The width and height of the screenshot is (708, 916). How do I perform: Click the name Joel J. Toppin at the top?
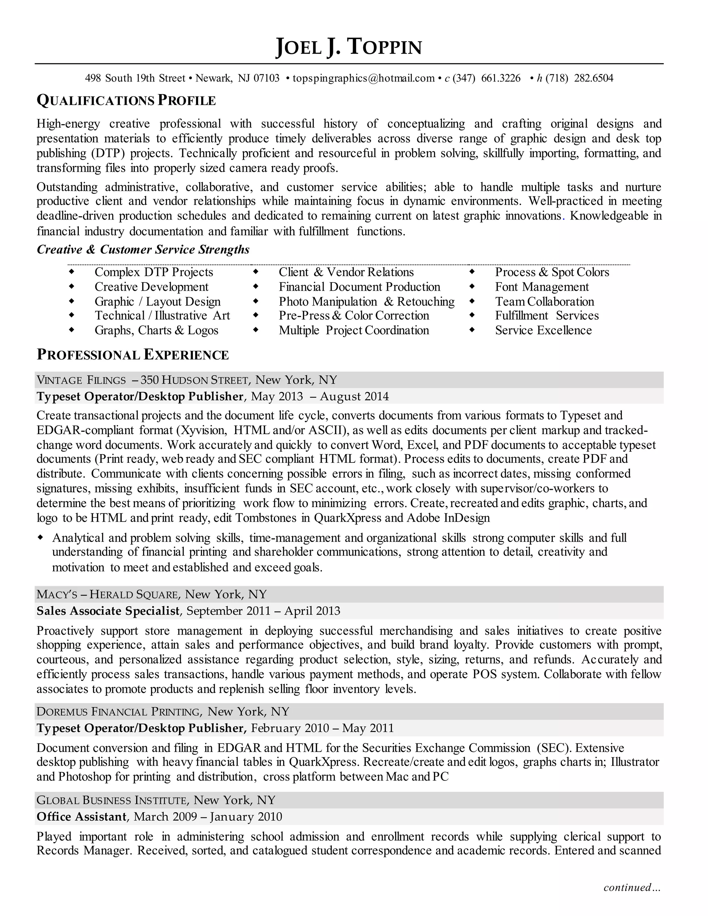point(348,47)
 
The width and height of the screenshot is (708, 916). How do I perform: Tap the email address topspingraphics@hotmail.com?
point(363,78)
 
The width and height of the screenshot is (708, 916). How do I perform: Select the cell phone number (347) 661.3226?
point(486,78)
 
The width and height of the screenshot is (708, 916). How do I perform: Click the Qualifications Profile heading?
point(126,101)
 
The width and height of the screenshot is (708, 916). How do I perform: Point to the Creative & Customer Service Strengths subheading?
point(143,250)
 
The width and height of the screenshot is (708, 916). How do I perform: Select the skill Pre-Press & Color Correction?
point(354,315)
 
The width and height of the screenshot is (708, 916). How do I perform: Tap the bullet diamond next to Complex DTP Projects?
point(72,272)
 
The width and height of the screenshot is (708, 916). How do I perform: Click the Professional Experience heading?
point(133,355)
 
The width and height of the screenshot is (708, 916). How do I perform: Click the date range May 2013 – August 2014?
point(320,396)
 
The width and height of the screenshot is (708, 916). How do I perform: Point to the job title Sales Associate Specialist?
point(108,611)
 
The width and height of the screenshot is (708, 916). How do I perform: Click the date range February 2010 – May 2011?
point(322,728)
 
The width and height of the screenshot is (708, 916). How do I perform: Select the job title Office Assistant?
point(81,816)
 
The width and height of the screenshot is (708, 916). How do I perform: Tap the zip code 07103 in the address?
point(266,78)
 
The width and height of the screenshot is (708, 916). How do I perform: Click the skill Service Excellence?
point(543,330)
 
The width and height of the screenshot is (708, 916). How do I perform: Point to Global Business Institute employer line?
point(155,800)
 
